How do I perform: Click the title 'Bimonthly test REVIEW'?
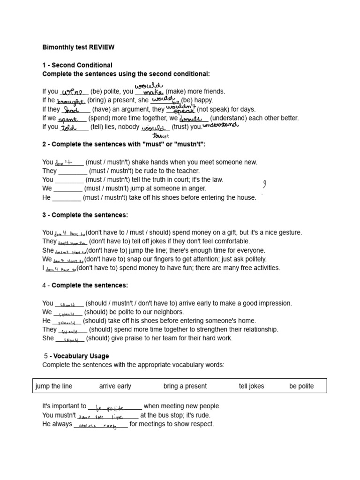(78, 47)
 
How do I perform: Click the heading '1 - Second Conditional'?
(77, 65)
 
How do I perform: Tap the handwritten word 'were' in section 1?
(72, 91)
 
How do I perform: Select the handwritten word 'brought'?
(71, 101)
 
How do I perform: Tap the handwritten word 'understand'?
(220, 125)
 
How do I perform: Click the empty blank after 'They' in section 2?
(73, 171)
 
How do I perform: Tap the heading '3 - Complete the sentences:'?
(85, 215)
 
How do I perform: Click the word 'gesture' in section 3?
(290, 232)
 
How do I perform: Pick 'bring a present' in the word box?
(185, 386)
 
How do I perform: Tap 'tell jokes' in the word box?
(251, 386)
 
